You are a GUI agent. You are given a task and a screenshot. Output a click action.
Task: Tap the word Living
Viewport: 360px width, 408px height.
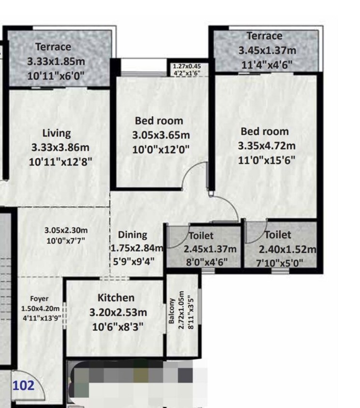tap(56, 133)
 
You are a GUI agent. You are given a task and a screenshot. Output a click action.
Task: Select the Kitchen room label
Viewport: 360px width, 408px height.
tap(116, 297)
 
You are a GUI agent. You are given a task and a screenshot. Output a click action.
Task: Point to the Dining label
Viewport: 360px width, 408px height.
tap(132, 235)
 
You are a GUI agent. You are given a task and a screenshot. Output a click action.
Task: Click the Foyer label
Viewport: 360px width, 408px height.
tap(39, 299)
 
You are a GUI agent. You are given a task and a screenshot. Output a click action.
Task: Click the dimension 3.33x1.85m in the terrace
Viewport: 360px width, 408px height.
tap(56, 62)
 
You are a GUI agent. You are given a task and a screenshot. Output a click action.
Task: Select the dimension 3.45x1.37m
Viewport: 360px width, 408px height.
tap(267, 50)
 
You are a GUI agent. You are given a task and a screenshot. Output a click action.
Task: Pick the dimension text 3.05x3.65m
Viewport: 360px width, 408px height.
tap(161, 136)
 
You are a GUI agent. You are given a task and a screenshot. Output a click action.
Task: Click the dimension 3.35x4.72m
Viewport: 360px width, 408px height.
tap(266, 146)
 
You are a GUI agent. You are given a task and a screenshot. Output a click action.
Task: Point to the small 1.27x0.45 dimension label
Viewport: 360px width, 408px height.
tap(187, 67)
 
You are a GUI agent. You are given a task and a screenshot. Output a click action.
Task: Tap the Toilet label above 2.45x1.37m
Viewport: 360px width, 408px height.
tap(201, 236)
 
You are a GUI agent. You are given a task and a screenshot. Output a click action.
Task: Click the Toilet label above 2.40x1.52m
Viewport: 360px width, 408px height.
tap(278, 235)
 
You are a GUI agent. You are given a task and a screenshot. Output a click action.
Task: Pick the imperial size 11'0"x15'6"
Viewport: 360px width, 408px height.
tap(266, 160)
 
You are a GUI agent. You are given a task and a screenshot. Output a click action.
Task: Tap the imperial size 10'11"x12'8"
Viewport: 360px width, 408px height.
tap(60, 162)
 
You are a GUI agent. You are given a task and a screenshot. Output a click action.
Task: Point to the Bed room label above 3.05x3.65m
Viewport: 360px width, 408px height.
tap(159, 121)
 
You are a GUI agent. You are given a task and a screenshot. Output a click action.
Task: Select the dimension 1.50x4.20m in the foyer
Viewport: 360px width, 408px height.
tap(40, 309)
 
